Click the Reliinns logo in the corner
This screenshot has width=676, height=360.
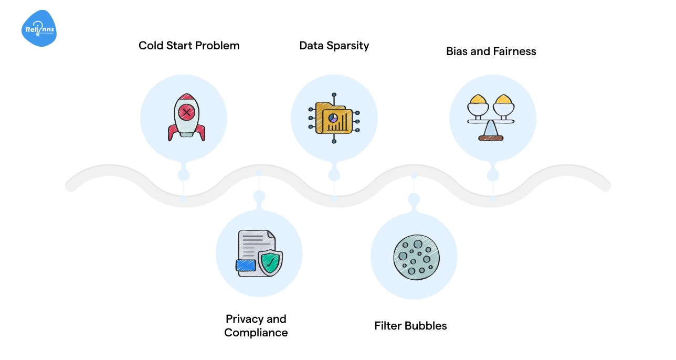[39, 29]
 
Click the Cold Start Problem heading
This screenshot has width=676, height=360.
[189, 46]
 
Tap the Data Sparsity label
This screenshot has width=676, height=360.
[334, 46]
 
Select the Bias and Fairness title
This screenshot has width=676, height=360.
[491, 51]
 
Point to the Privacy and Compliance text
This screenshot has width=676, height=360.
[256, 326]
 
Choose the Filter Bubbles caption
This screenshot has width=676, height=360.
[410, 326]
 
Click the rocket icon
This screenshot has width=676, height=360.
[186, 118]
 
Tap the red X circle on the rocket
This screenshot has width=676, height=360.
[186, 112]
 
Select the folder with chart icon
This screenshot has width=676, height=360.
[334, 119]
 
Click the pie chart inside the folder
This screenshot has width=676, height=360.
[333, 118]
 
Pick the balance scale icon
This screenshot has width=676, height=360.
[491, 118]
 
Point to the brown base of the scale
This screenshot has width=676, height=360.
[491, 138]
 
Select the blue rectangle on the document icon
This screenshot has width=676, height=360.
[246, 266]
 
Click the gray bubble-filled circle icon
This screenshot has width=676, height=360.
[416, 256]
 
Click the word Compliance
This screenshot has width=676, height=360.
[256, 333]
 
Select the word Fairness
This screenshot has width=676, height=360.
[514, 51]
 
